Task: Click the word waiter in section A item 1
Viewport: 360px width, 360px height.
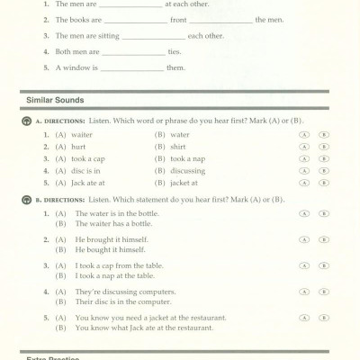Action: tap(81, 134)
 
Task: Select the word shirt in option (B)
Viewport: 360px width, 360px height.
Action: tap(178, 146)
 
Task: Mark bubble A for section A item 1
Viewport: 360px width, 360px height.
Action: tap(305, 134)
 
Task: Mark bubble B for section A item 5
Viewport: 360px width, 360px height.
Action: tap(324, 183)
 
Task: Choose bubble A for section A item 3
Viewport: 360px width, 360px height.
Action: tap(305, 158)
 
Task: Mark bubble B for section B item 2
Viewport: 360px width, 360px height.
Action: tap(324, 240)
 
